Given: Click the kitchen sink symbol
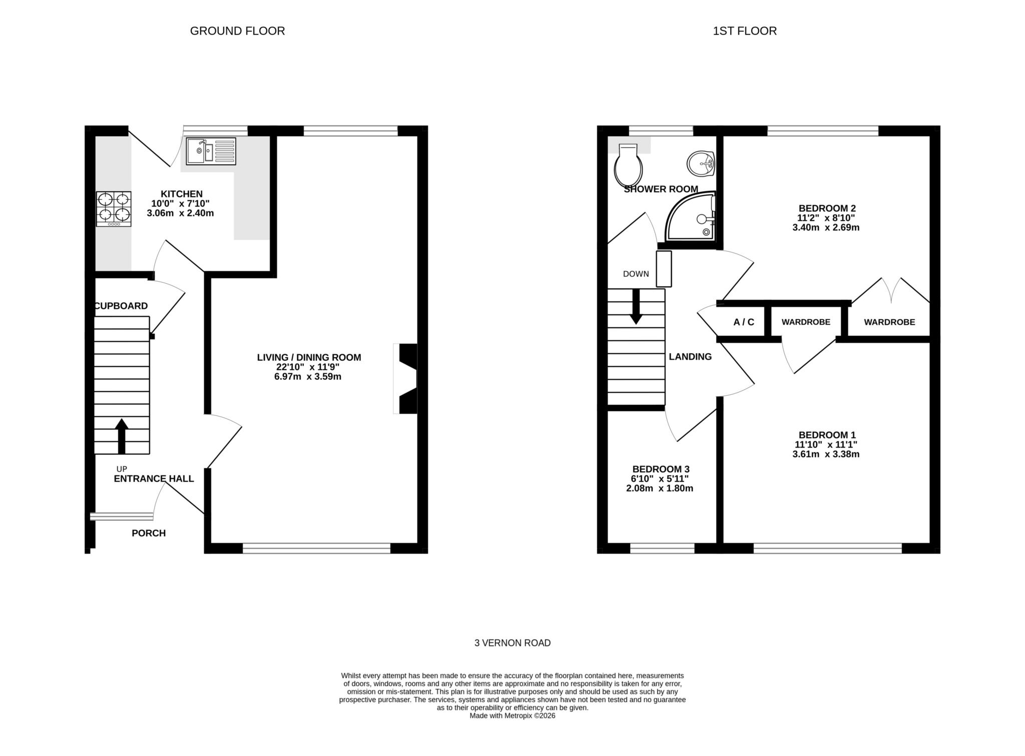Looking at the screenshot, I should (211, 151).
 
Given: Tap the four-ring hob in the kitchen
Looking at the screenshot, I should (114, 209).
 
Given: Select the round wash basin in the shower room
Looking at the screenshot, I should (701, 163).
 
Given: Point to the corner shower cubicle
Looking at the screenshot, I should (693, 218).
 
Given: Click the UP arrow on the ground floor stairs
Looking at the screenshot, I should (122, 436).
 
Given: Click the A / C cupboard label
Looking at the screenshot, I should (744, 322).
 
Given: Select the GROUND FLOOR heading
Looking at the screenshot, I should (237, 31).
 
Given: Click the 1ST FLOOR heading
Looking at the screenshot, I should (744, 31).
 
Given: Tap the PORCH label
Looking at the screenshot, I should (149, 533).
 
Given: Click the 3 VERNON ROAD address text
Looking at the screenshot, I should (512, 643).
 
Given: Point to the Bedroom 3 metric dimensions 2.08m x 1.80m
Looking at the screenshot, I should (660, 488).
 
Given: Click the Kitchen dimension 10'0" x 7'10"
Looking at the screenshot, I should (180, 204).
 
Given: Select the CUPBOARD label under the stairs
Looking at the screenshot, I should (122, 306).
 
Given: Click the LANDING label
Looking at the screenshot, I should (690, 357).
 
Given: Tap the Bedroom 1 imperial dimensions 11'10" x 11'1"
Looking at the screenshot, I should (826, 444).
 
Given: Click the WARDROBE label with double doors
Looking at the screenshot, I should (889, 322).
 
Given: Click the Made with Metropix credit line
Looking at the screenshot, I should (512, 716).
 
